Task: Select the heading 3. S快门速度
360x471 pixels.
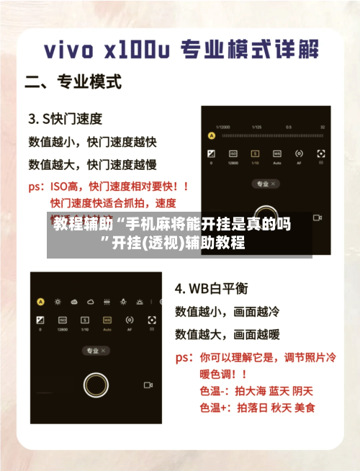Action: tap(65, 117)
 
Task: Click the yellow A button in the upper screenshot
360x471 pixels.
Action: tap(212, 135)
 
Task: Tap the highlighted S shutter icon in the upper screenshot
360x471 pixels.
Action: tap(255, 153)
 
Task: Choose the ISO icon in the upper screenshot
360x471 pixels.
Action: tap(233, 153)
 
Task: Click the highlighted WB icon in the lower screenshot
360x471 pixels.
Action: tap(107, 319)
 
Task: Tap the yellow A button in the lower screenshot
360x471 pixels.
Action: tap(40, 302)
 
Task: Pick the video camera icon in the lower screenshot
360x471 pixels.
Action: tap(148, 385)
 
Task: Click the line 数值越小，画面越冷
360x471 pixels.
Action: tap(228, 312)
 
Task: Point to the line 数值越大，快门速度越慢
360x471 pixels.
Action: tap(92, 164)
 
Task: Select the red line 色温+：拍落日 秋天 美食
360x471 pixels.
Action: tap(257, 408)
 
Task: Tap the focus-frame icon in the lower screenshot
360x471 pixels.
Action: tap(151, 319)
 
